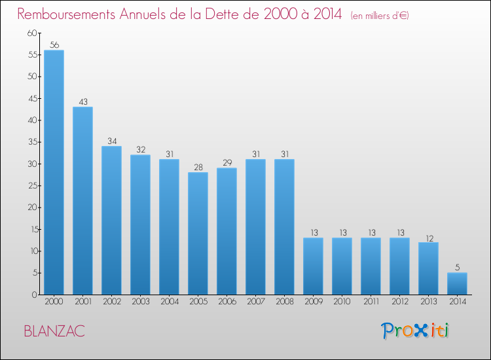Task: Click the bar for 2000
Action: click(54, 172)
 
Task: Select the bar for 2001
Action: click(82, 200)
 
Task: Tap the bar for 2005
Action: click(198, 233)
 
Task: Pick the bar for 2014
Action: click(457, 283)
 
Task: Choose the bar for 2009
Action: click(313, 266)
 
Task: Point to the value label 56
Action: click(54, 45)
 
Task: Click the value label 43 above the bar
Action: click(82, 102)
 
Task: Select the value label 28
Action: click(198, 168)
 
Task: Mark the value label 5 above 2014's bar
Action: click(457, 268)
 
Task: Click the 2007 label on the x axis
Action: click(255, 302)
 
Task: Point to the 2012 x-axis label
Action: click(399, 302)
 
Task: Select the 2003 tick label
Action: click(140, 302)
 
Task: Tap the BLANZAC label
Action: click(54, 331)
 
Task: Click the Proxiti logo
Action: click(415, 331)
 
